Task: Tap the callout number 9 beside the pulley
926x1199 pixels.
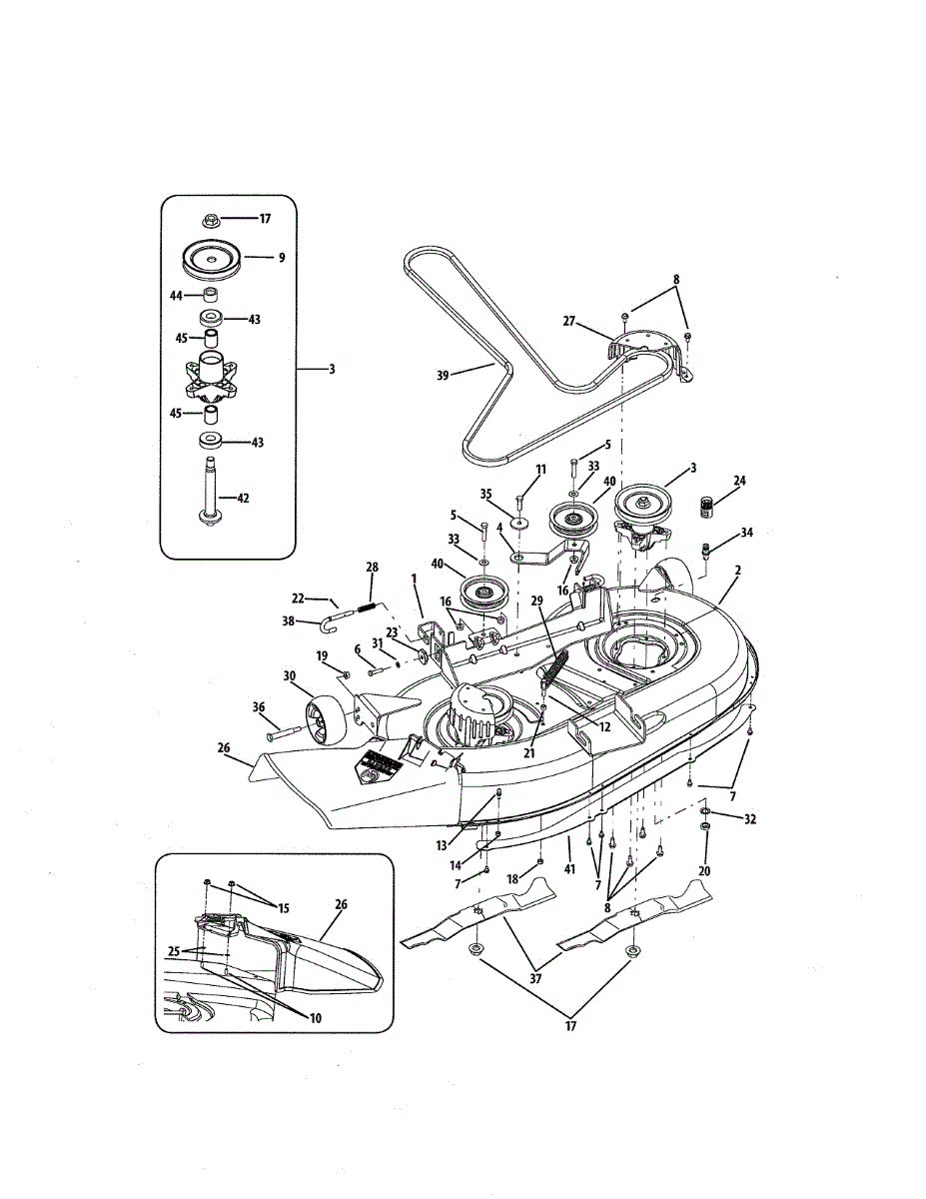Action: click(282, 257)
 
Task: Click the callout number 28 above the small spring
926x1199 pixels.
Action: click(373, 568)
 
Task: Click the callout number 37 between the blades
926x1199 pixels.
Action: click(536, 978)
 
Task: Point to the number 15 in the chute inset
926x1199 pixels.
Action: click(285, 907)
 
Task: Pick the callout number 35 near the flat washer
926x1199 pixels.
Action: click(486, 493)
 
